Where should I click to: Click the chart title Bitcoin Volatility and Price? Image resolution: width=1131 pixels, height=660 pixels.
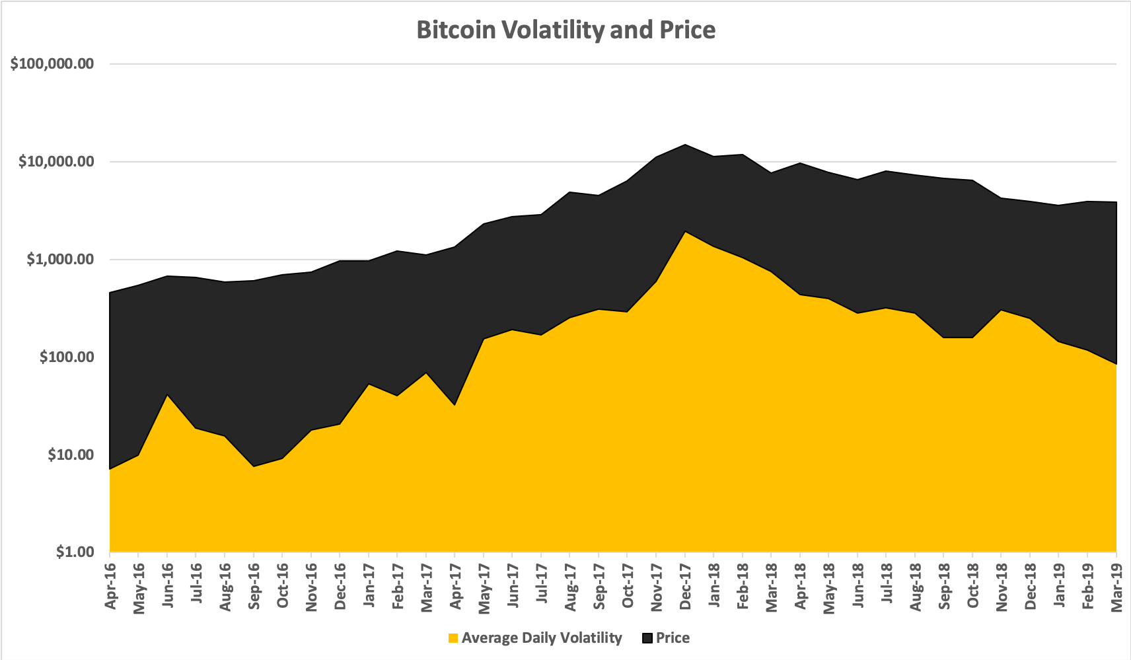click(565, 30)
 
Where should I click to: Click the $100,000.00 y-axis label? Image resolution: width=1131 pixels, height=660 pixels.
click(52, 64)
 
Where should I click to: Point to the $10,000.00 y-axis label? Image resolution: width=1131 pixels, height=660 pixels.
click(56, 162)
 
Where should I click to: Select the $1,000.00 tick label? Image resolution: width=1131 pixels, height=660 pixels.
click(60, 260)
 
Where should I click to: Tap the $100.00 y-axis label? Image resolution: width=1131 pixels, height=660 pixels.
click(67, 357)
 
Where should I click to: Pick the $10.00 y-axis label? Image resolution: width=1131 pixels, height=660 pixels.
click(71, 455)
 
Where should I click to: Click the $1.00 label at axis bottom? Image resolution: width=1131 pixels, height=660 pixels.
click(75, 552)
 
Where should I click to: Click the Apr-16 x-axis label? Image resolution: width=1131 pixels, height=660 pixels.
click(110, 585)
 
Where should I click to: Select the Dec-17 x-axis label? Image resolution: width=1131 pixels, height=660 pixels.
click(686, 585)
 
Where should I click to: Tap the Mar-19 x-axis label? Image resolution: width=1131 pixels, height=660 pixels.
click(1116, 585)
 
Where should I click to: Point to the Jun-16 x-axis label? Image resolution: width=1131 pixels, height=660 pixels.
click(168, 585)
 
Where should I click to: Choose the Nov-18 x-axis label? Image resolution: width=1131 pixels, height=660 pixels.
click(1002, 585)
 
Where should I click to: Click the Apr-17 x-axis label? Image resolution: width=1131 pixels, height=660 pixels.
click(455, 585)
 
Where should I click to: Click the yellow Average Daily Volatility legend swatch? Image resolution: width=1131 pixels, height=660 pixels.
click(453, 638)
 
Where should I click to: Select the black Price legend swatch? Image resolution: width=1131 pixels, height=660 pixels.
click(647, 638)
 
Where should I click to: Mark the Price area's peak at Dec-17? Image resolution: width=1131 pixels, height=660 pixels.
click(685, 145)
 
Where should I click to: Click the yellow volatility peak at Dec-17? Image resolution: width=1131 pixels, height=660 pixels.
click(685, 233)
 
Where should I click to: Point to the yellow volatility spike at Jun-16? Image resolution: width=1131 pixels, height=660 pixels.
click(168, 396)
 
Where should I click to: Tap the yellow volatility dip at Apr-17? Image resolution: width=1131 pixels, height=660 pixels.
click(455, 406)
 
